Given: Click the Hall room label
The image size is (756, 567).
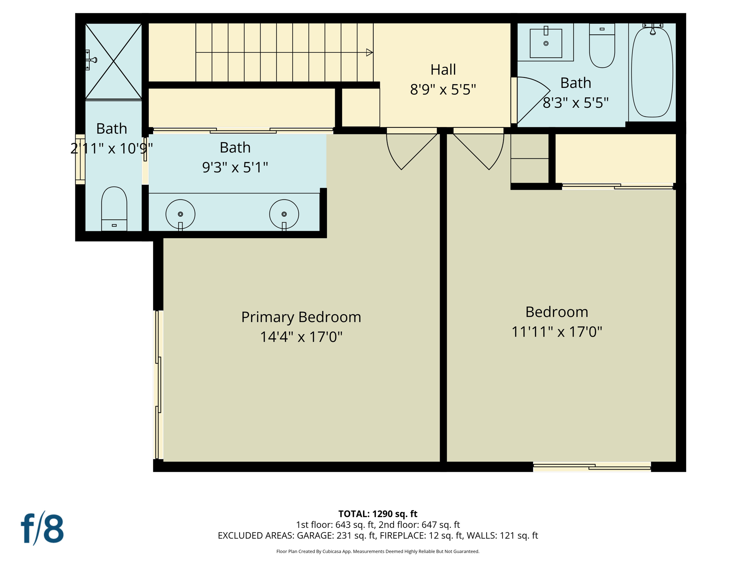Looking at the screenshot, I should pyautogui.click(x=443, y=70).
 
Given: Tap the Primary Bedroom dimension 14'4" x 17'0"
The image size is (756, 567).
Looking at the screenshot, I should pyautogui.click(x=301, y=337).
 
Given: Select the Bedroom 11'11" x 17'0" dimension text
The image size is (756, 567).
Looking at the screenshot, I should pyautogui.click(x=557, y=332).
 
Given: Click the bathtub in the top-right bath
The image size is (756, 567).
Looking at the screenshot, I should pyautogui.click(x=652, y=72).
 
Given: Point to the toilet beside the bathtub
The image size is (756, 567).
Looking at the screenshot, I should pyautogui.click(x=602, y=46).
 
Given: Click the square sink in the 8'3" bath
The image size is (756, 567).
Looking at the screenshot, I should pyautogui.click(x=546, y=44).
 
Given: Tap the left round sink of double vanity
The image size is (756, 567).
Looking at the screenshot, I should pyautogui.click(x=181, y=214).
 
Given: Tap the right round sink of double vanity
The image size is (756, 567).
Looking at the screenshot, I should pyautogui.click(x=284, y=214).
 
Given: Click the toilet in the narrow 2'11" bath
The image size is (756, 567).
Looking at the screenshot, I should pyautogui.click(x=114, y=209).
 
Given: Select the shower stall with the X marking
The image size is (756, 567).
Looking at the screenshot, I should pyautogui.click(x=114, y=61).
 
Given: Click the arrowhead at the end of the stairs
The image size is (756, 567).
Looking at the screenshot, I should pyautogui.click(x=369, y=52).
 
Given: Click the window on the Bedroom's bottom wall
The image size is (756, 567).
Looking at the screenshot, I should pyautogui.click(x=592, y=467).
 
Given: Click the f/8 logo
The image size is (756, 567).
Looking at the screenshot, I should pyautogui.click(x=42, y=529).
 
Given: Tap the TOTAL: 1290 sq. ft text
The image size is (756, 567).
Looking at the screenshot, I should pyautogui.click(x=378, y=514).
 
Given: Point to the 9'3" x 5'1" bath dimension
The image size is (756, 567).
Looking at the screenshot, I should pyautogui.click(x=235, y=168).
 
